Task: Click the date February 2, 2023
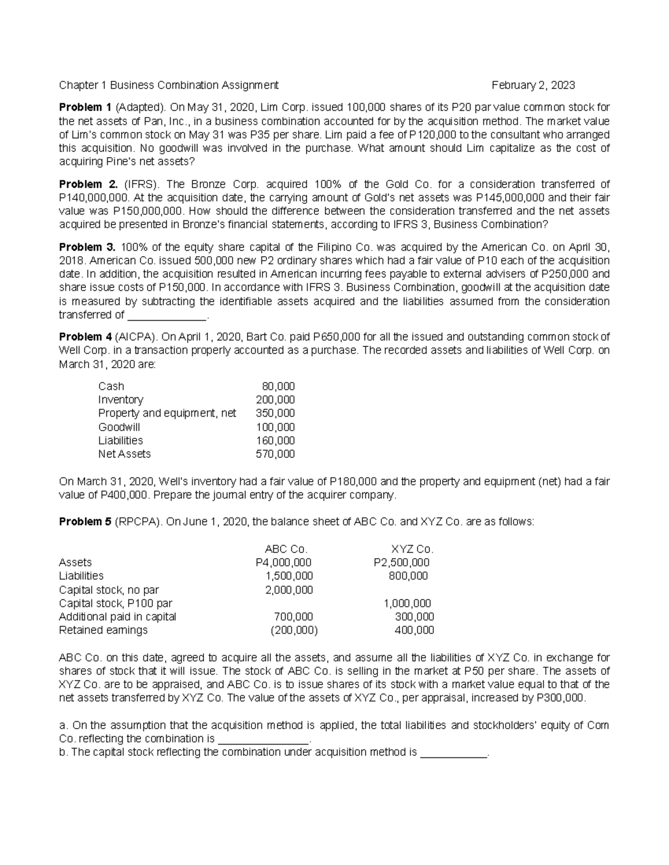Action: (x=533, y=85)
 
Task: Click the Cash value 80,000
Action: (x=278, y=387)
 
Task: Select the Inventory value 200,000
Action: (x=275, y=400)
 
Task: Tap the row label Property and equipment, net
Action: (x=167, y=413)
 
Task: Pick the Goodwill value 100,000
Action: (x=275, y=427)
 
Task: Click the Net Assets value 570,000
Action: (x=275, y=454)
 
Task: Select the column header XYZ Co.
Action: (x=413, y=549)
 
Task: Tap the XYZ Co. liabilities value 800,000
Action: (x=408, y=576)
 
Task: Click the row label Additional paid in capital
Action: (x=118, y=617)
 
